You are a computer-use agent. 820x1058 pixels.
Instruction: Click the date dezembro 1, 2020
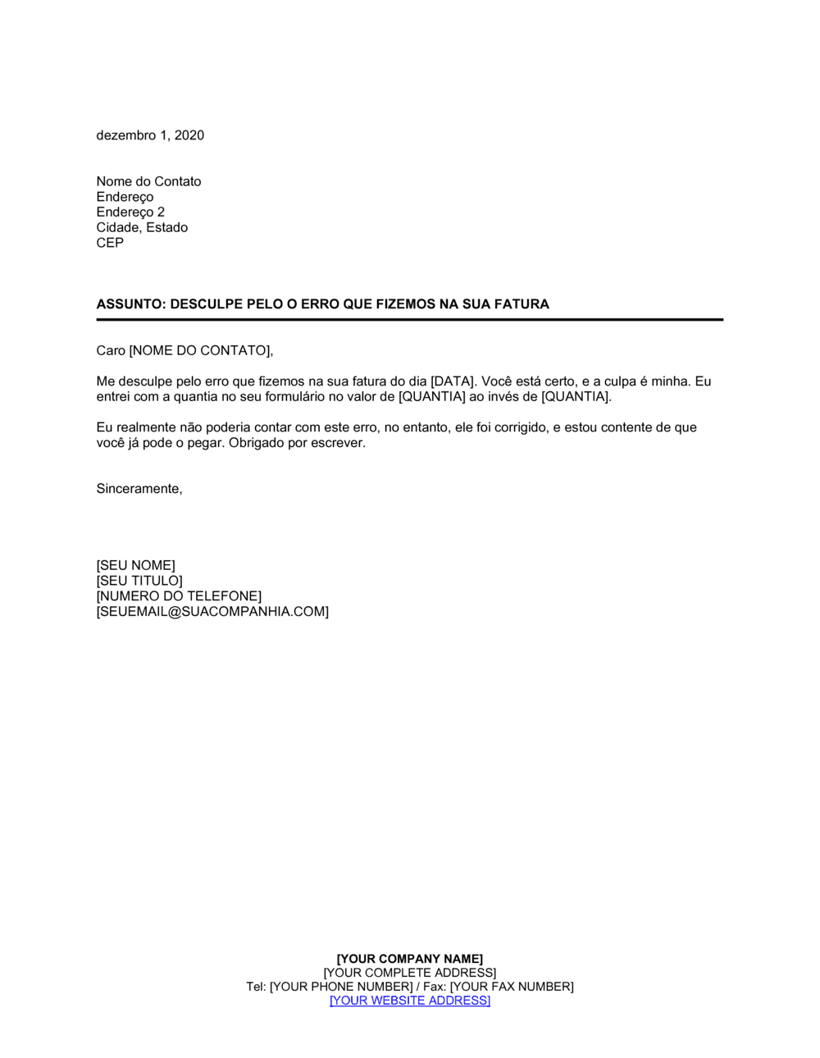coord(150,135)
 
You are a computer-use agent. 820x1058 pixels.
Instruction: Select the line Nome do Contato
coord(148,181)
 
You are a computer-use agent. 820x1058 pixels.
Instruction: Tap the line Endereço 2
coord(130,212)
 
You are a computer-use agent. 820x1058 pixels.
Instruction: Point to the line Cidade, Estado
coord(142,227)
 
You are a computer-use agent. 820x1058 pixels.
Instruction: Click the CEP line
coord(110,243)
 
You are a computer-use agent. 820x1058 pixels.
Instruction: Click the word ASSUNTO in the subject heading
coord(130,304)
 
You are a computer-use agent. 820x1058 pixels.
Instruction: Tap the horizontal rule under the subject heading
coord(410,319)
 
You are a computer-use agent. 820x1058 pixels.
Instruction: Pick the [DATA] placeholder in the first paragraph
coord(453,381)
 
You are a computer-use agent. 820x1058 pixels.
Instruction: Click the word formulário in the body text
coord(306,397)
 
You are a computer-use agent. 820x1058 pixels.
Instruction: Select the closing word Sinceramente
coord(138,489)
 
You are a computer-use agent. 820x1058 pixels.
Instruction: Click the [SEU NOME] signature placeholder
coord(135,565)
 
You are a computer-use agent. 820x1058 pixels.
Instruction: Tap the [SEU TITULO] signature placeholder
coord(139,581)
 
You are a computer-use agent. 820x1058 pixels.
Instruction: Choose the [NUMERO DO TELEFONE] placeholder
coord(179,596)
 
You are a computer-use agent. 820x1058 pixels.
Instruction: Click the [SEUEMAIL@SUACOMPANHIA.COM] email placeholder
coord(212,612)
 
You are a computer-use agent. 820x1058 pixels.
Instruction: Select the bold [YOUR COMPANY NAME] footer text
coord(410,959)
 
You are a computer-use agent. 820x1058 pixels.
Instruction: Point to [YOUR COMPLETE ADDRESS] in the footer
coord(410,973)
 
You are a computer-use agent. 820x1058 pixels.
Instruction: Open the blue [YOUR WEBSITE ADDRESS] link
coord(410,1001)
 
